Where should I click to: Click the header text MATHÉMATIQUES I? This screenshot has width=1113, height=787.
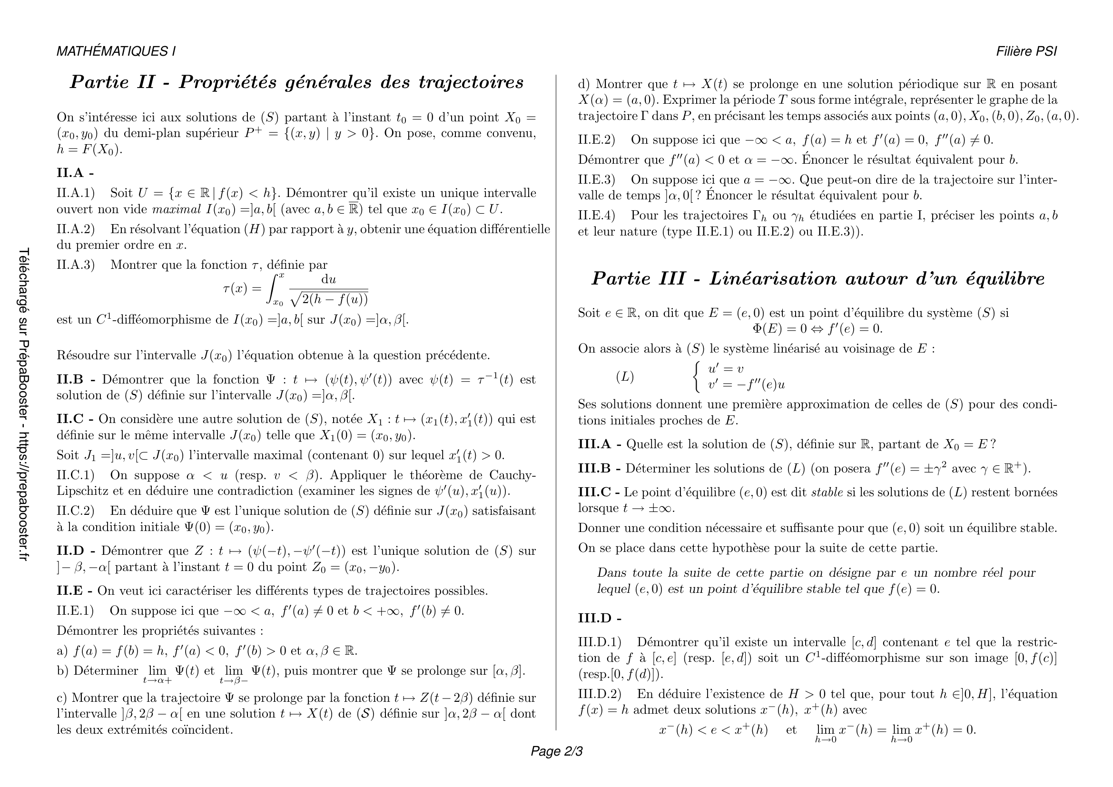tap(116, 51)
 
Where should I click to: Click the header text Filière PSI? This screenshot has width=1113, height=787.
tap(1026, 51)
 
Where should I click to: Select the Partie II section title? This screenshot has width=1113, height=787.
tap(296, 82)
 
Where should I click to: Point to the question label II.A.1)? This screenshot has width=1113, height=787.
tap(76, 193)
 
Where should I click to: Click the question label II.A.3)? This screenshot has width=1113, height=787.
tap(76, 265)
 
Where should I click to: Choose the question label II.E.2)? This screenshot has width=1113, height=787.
tap(596, 139)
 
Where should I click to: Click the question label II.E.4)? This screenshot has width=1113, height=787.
tap(596, 215)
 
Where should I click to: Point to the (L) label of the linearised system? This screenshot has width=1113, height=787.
tap(625, 376)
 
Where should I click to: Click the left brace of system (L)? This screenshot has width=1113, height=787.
tap(697, 376)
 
